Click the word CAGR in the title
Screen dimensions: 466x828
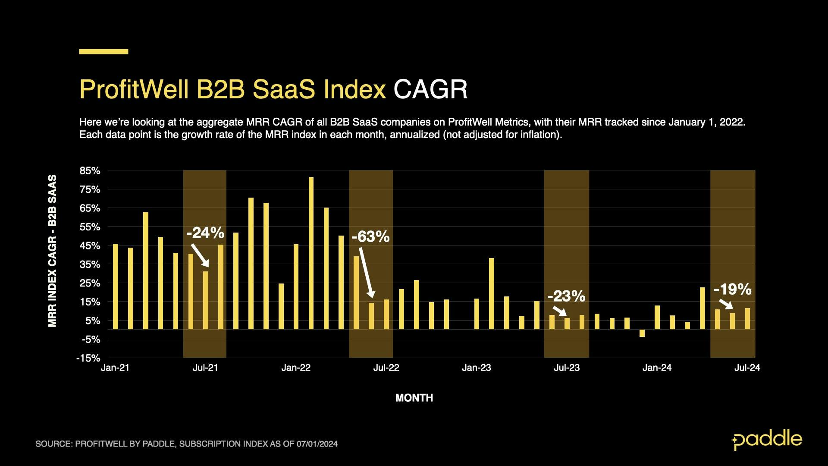tap(430, 89)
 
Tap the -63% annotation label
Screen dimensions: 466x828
tap(370, 236)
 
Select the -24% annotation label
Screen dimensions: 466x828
tap(205, 233)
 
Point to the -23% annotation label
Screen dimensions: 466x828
tap(566, 296)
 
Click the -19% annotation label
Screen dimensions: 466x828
tap(732, 289)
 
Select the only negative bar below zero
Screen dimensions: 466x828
tap(642, 333)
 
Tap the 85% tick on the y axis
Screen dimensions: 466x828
tap(90, 171)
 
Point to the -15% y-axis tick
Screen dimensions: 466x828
tap(88, 358)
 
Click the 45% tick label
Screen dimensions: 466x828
tap(90, 246)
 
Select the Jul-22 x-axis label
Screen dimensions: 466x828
tap(386, 368)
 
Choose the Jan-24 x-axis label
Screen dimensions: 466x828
tap(657, 368)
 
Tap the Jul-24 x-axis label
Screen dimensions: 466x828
tap(747, 368)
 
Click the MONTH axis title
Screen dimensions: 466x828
tap(414, 398)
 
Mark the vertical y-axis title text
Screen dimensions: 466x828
tap(52, 251)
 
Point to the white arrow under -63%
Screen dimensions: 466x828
tap(366, 272)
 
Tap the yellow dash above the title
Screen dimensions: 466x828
tap(103, 51)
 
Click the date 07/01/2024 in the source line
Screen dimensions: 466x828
tap(317, 444)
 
